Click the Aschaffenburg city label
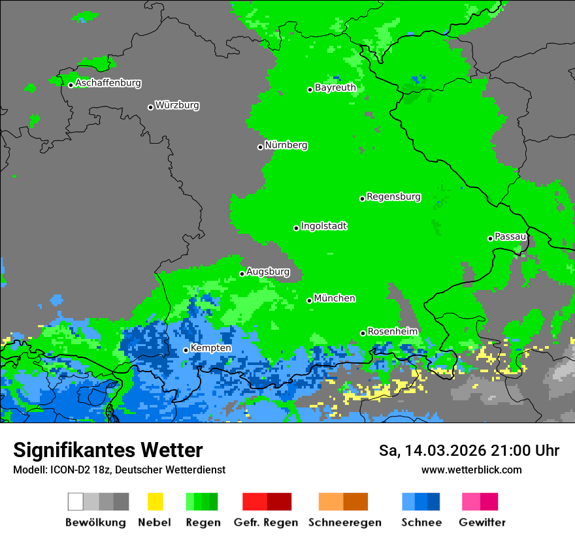[x=108, y=84]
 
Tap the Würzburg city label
[x=177, y=105]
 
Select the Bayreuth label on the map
[x=335, y=88]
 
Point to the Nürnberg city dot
[x=261, y=147]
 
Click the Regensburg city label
[x=393, y=197]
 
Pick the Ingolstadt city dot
[x=297, y=228]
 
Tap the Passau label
[x=510, y=236]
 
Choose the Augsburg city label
[x=268, y=272]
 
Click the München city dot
[x=310, y=300]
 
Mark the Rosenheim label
[x=393, y=331]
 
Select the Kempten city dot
[x=186, y=350]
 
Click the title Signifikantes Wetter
[x=108, y=450]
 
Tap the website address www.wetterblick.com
[x=471, y=470]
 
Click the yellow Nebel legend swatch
[x=155, y=502]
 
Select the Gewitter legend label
[x=482, y=522]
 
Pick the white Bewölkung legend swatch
[x=75, y=502]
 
